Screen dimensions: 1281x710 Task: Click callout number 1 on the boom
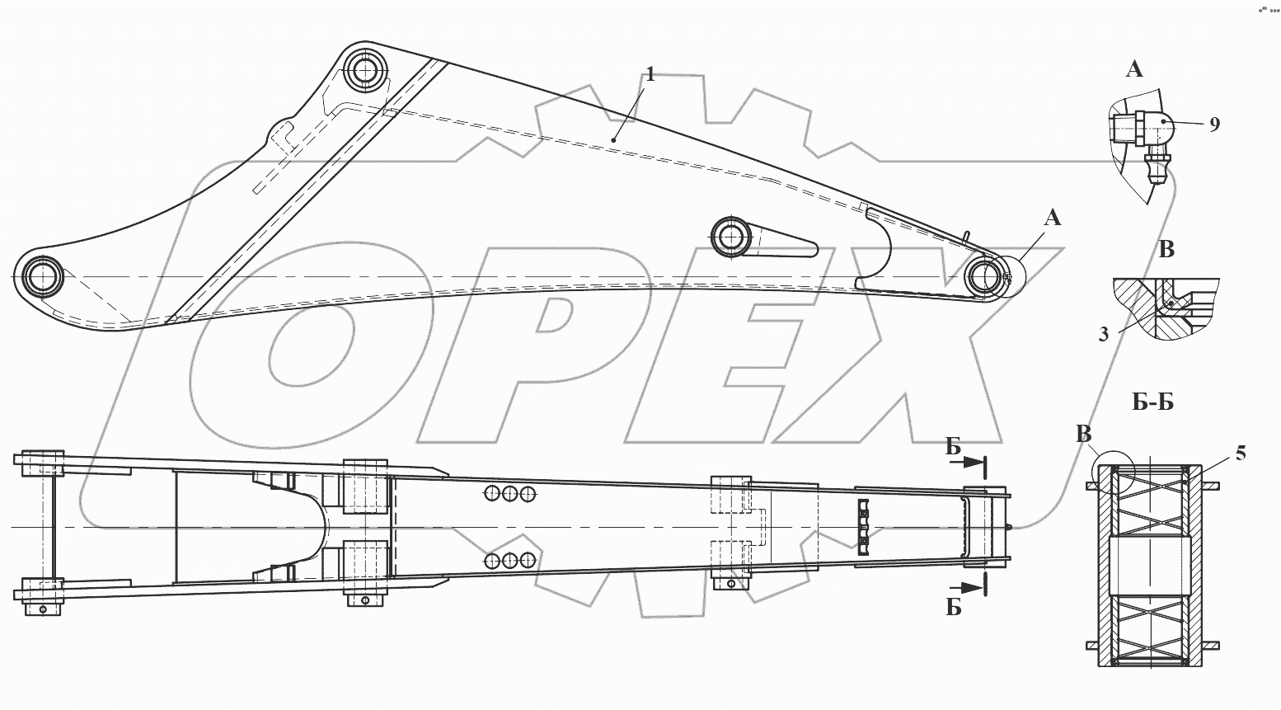pyautogui.click(x=650, y=75)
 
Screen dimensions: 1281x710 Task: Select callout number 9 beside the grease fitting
pyautogui.click(x=1214, y=125)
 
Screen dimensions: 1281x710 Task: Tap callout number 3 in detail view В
pyautogui.click(x=1103, y=334)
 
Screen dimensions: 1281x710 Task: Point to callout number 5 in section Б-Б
pyautogui.click(x=1241, y=454)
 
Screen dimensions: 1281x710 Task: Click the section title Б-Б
pyautogui.click(x=1153, y=402)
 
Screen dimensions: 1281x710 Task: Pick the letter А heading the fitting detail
pyautogui.click(x=1134, y=70)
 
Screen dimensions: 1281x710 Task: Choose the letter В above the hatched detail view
pyautogui.click(x=1166, y=249)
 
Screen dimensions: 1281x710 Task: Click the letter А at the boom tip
pyautogui.click(x=1053, y=218)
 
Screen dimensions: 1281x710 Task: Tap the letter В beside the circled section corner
pyautogui.click(x=1084, y=435)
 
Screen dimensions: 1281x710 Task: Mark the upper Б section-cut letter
pyautogui.click(x=953, y=447)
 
